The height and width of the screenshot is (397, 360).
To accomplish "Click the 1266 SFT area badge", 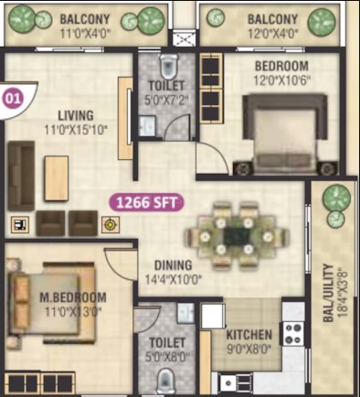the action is pyautogui.click(x=147, y=202).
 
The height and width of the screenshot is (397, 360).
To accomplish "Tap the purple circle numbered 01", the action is pyautogui.click(x=13, y=99).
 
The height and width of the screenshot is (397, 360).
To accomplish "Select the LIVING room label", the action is pyautogui.click(x=76, y=115).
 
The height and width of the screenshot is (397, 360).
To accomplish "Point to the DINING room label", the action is pyautogui.click(x=174, y=265).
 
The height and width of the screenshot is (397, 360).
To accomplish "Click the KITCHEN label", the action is pyautogui.click(x=249, y=335).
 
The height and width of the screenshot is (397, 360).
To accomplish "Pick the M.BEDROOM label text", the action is pyautogui.click(x=73, y=297).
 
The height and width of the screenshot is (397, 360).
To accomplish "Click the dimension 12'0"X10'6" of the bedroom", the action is pyautogui.click(x=282, y=80).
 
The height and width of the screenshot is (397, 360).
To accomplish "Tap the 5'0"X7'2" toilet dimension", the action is pyautogui.click(x=166, y=100).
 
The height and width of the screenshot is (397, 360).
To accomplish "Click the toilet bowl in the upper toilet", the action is pyautogui.click(x=169, y=67).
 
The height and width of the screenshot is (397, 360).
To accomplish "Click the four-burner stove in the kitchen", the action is pyautogui.click(x=293, y=333).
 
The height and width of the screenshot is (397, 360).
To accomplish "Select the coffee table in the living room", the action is pyautogui.click(x=57, y=178).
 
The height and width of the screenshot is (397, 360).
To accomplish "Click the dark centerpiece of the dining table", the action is pyautogui.click(x=237, y=237).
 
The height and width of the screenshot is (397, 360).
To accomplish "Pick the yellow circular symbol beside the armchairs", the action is pyautogui.click(x=111, y=225).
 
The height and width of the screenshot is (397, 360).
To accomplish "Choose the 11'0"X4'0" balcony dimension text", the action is pyautogui.click(x=84, y=34).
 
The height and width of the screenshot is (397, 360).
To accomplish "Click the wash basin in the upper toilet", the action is pyautogui.click(x=148, y=125).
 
